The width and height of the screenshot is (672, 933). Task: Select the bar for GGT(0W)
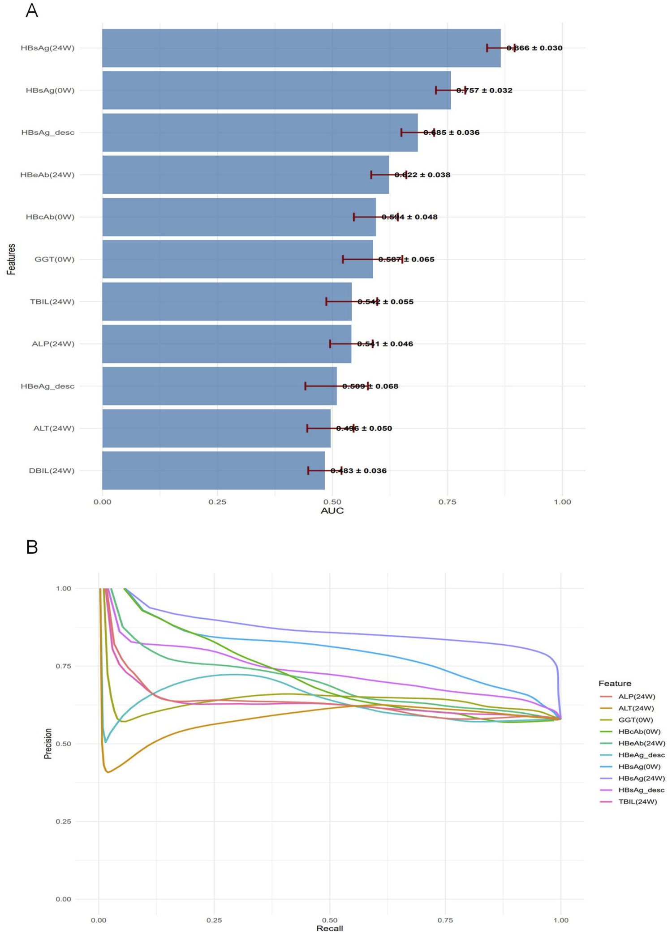(x=237, y=259)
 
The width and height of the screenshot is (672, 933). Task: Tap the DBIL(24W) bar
(x=213, y=471)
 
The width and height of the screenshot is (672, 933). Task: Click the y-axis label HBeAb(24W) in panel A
(x=47, y=175)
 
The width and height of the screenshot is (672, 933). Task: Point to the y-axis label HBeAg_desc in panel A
(x=47, y=386)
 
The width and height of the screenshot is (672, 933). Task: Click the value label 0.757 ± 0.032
(x=484, y=90)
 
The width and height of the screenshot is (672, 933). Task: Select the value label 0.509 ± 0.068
(x=370, y=386)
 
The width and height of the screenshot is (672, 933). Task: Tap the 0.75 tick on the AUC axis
(x=447, y=502)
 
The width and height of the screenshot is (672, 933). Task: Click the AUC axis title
(x=332, y=511)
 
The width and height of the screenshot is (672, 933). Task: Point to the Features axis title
(x=11, y=259)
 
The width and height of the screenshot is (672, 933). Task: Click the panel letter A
(x=32, y=10)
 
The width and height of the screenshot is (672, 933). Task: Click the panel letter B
(x=32, y=547)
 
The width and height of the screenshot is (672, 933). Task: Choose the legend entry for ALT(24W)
(x=636, y=708)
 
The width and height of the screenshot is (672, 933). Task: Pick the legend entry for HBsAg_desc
(x=641, y=790)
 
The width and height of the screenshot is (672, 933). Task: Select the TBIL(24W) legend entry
(x=638, y=801)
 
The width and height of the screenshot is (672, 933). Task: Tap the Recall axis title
(x=329, y=928)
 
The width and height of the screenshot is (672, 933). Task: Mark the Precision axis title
(x=48, y=744)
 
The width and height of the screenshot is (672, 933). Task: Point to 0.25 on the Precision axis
(x=63, y=822)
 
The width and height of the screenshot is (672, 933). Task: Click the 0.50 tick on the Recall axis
(x=329, y=920)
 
